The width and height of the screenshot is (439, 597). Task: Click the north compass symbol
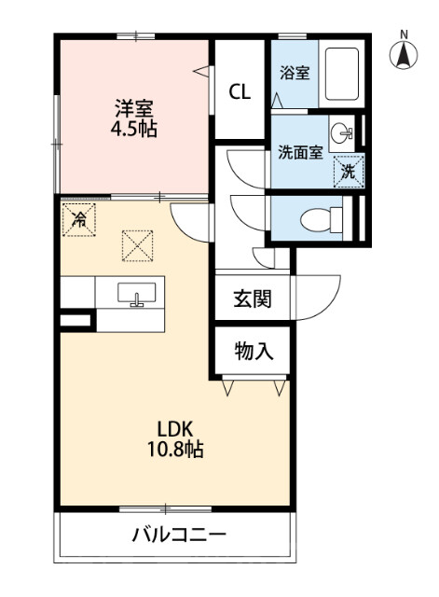click(x=404, y=52)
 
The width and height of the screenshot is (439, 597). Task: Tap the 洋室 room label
click(x=134, y=108)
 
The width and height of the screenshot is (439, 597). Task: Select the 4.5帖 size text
click(x=133, y=129)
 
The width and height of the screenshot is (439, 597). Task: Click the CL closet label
click(x=240, y=91)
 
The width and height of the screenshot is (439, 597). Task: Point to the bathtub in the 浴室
click(x=342, y=74)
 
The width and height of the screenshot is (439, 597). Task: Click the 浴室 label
click(x=295, y=73)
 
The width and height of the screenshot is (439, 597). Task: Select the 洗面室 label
click(x=300, y=152)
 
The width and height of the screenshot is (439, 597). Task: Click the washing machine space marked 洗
click(x=349, y=172)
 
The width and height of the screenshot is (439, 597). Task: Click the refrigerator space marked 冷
click(x=78, y=220)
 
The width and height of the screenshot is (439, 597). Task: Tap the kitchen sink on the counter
click(x=137, y=293)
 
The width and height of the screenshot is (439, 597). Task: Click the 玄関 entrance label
click(x=253, y=298)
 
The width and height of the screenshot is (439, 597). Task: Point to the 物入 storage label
click(x=254, y=351)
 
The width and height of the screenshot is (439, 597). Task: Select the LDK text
click(x=175, y=429)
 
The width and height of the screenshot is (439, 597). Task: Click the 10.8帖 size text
click(x=175, y=450)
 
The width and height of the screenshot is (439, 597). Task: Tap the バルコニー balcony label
click(x=179, y=535)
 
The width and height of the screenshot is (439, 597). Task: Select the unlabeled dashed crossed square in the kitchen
click(x=137, y=246)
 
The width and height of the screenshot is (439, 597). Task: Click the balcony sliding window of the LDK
click(x=166, y=508)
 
